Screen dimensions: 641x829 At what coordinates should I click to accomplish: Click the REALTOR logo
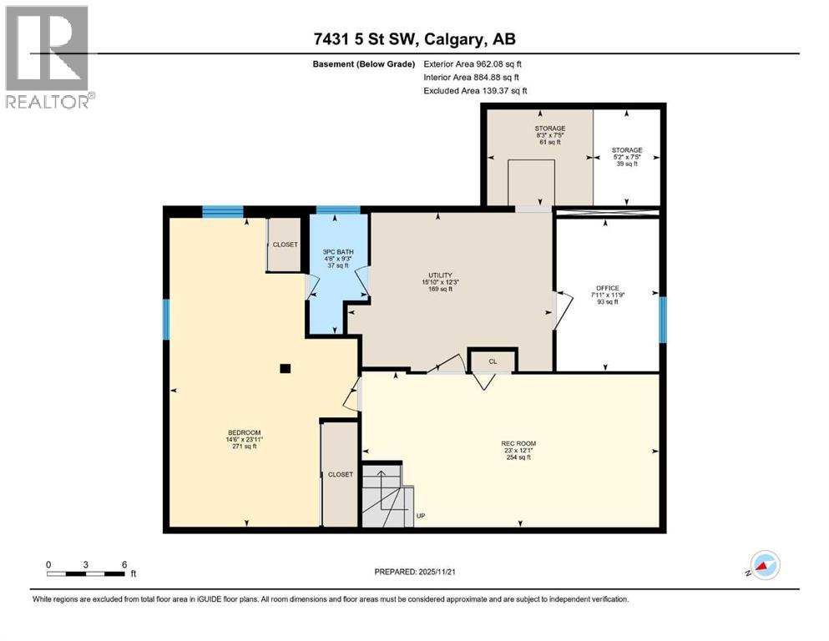click(x=48, y=57)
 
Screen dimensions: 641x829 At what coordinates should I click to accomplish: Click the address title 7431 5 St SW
click(x=413, y=39)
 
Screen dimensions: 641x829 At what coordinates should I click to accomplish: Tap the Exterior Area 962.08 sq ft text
click(x=474, y=63)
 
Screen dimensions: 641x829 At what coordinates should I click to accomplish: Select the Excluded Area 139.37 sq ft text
click(x=475, y=90)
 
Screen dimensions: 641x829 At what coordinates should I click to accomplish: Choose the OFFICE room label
click(x=607, y=295)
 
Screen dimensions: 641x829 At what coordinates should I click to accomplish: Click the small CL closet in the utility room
click(x=493, y=361)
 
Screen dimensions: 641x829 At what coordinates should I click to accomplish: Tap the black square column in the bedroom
click(x=286, y=368)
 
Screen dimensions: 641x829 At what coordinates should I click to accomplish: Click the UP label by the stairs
click(x=422, y=516)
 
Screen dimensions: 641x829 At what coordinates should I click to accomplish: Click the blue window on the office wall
click(x=663, y=320)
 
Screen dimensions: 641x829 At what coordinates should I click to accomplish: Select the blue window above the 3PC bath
click(x=338, y=210)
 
